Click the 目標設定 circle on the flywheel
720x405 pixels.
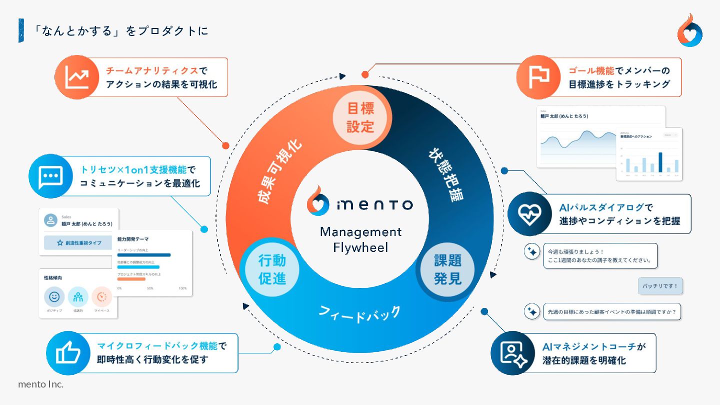(x=360, y=117)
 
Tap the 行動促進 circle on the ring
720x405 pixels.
(x=272, y=269)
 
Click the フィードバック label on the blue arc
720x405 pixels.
(x=359, y=314)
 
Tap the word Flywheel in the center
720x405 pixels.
(x=360, y=247)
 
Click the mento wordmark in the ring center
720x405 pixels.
(x=374, y=204)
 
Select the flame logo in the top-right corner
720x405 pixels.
(x=689, y=31)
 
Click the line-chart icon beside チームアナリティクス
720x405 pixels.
(x=77, y=77)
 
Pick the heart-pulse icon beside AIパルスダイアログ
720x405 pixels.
(x=529, y=213)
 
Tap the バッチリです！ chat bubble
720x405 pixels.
(x=660, y=286)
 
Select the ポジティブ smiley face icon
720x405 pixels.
(x=54, y=297)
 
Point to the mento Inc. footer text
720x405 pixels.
(x=40, y=384)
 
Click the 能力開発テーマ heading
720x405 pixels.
(x=133, y=239)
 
